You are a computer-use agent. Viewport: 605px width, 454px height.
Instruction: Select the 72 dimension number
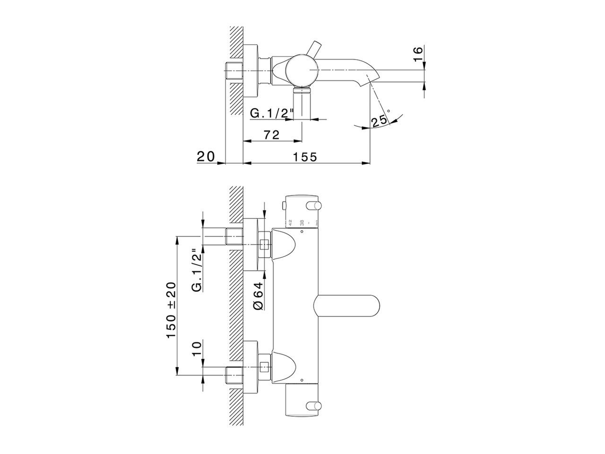pos(271,134)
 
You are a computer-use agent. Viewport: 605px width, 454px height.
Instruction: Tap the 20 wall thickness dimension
pos(206,157)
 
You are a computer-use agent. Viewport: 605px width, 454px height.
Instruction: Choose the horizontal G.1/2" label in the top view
pos(272,114)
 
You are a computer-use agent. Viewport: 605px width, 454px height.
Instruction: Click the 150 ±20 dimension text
pos(171,310)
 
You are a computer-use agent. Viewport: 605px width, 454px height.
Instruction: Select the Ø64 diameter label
pos(258,296)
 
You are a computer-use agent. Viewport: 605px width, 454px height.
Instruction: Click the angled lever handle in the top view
pos(312,49)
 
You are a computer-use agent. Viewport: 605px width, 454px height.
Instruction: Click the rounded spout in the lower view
pos(347,306)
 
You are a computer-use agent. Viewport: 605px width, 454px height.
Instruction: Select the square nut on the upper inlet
pos(265,245)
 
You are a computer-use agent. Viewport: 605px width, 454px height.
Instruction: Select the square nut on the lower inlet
pos(265,366)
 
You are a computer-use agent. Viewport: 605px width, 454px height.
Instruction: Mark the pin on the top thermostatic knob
pos(312,204)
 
